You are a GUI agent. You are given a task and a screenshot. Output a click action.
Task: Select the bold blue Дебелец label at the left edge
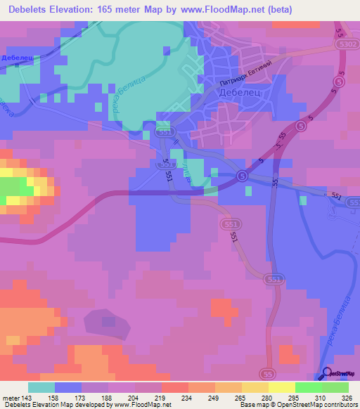coord(18,58)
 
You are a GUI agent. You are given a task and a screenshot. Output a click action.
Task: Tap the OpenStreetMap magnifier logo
coord(328,375)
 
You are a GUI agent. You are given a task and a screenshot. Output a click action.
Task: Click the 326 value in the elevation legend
coord(347,398)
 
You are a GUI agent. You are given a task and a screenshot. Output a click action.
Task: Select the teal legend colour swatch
coord(41,387)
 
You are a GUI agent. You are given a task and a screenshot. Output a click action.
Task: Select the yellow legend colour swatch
coord(255,387)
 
